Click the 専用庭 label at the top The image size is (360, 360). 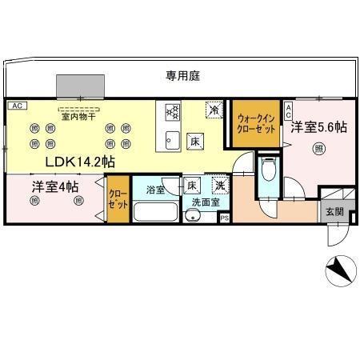(182, 75)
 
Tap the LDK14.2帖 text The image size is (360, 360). (78, 162)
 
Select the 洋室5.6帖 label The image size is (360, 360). (318, 126)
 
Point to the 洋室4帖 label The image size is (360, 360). (55, 187)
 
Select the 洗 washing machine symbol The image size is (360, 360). (218, 186)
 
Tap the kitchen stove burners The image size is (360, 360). (171, 114)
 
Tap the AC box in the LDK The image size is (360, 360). (15, 105)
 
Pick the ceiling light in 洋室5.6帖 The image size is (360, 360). (319, 148)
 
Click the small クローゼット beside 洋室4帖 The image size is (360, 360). (117, 202)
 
